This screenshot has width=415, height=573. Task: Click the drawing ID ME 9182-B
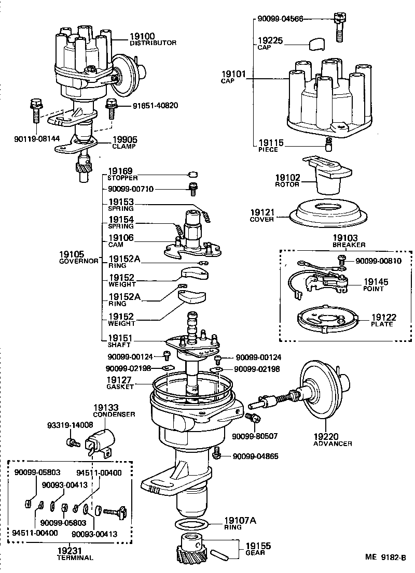click(385, 557)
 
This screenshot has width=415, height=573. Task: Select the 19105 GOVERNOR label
click(78, 257)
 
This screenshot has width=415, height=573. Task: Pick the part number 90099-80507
click(255, 436)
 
